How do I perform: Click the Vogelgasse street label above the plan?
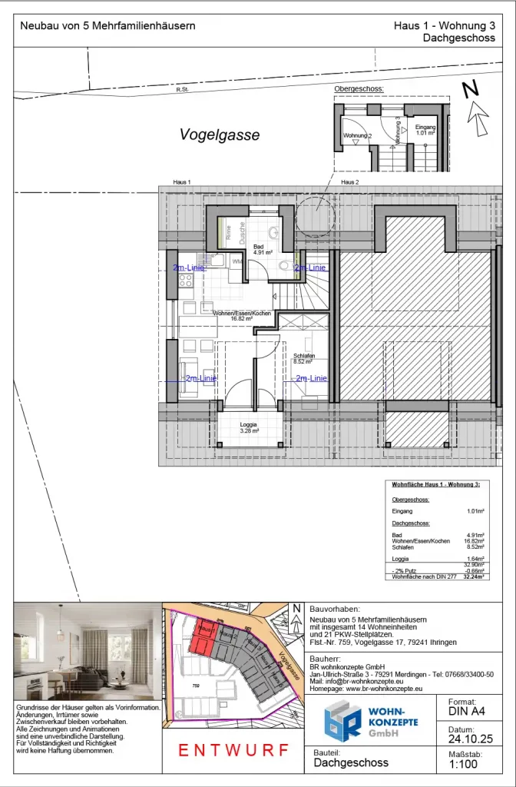(220, 135)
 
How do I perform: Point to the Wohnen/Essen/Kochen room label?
(243, 314)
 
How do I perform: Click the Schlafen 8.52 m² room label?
(304, 358)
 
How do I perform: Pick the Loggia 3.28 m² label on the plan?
(248, 427)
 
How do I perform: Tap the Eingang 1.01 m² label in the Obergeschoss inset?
(425, 129)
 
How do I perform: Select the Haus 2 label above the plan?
(349, 182)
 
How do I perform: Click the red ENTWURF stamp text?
(235, 750)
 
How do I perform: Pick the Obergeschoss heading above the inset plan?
(359, 89)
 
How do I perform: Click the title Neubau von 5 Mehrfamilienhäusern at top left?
(107, 25)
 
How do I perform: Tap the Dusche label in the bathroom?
(242, 232)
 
